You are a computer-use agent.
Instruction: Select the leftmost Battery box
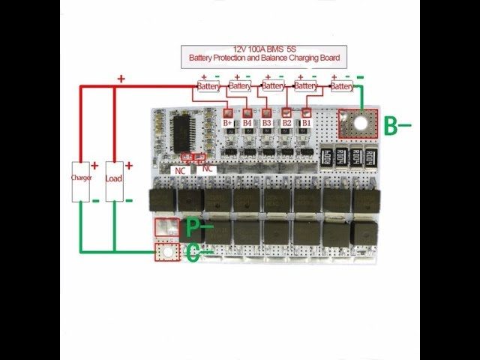point(207,86)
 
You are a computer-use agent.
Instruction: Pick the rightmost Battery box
point(341,86)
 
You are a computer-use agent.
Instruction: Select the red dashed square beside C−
point(164,253)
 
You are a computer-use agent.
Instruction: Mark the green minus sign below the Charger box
point(95,200)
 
